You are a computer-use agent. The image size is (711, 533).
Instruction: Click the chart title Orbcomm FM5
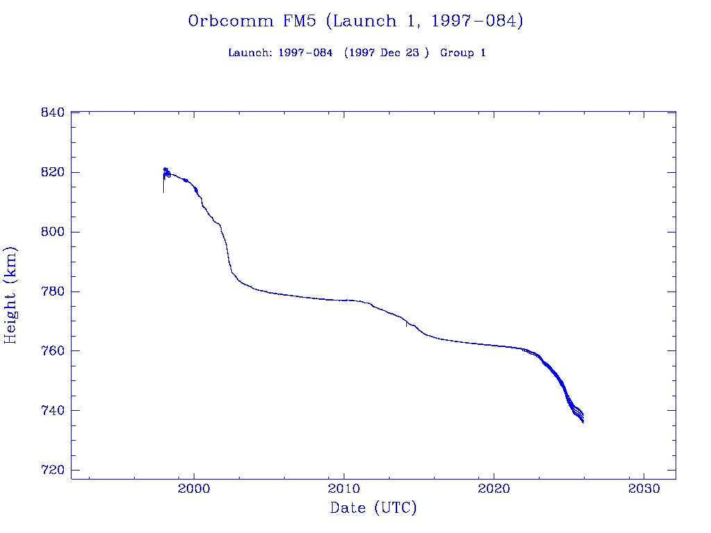coord(355,22)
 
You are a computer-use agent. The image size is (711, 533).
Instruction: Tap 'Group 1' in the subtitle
coord(463,53)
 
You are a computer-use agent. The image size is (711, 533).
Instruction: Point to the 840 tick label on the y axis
coord(53,112)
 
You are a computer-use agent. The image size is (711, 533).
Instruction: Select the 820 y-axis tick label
coord(53,172)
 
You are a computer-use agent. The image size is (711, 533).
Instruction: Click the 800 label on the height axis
coord(53,232)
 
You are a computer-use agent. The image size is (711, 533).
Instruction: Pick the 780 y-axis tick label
coord(53,291)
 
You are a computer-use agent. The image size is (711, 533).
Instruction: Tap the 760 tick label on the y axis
coord(53,351)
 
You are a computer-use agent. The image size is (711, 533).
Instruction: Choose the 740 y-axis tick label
coord(53,411)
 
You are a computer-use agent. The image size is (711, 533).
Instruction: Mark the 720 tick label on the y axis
coord(53,471)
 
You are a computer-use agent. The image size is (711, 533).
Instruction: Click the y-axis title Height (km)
coord(11,295)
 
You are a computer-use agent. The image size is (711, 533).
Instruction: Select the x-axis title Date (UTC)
coord(374,509)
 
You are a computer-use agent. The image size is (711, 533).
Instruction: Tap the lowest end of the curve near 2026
coord(583,421)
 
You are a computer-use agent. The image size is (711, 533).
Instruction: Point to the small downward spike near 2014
coord(406,324)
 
